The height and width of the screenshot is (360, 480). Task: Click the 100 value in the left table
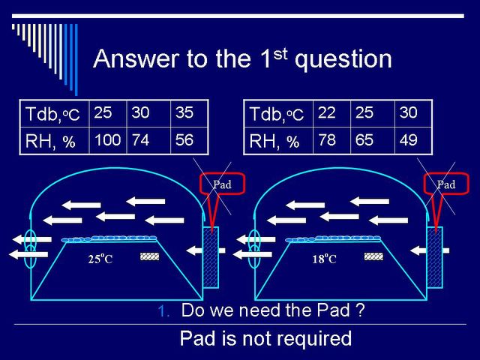coord(108,140)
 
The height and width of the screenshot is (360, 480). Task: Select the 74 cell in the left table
coord(141,140)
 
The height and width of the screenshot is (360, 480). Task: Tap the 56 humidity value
coord(184,140)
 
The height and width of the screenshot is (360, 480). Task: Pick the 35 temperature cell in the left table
coord(184,112)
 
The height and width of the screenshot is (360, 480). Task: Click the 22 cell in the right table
coord(327,112)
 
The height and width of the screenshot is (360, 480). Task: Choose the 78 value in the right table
coord(327,140)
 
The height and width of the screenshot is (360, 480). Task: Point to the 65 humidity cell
coord(364,140)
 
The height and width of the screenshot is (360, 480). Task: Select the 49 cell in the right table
coord(408,140)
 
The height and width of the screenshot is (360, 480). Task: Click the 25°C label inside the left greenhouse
coord(100,259)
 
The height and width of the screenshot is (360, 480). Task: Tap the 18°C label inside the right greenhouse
coord(324,259)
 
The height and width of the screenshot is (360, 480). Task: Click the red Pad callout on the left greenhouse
coord(222,184)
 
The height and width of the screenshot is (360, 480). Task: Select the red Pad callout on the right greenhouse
coord(446,184)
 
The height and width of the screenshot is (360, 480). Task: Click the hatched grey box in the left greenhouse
coord(150,256)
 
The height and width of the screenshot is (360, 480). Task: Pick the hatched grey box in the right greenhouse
coord(373,256)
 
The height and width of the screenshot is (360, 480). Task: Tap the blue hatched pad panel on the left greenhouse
coord(211,257)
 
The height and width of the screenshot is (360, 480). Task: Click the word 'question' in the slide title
coord(343,59)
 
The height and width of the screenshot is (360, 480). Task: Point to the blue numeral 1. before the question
coord(163,311)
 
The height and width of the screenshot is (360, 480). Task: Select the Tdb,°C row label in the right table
coord(277,114)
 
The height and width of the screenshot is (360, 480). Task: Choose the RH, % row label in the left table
coord(50,142)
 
